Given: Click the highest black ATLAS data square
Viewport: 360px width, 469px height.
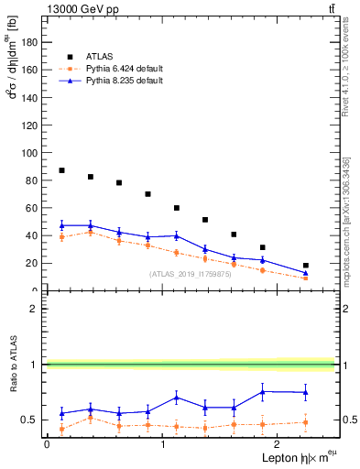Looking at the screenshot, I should click(x=61, y=170).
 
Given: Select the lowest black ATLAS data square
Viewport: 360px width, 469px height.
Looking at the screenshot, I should click(x=305, y=266).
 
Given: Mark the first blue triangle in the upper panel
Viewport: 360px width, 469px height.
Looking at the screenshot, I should click(x=61, y=225).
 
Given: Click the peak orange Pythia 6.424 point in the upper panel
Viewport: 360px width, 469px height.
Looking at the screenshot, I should click(x=90, y=232).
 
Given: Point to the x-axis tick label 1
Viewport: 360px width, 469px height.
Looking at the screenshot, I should click(x=162, y=443).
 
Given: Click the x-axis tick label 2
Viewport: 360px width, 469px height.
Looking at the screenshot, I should click(x=278, y=443).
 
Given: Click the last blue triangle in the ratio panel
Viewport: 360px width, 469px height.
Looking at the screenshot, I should click(x=305, y=392).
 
